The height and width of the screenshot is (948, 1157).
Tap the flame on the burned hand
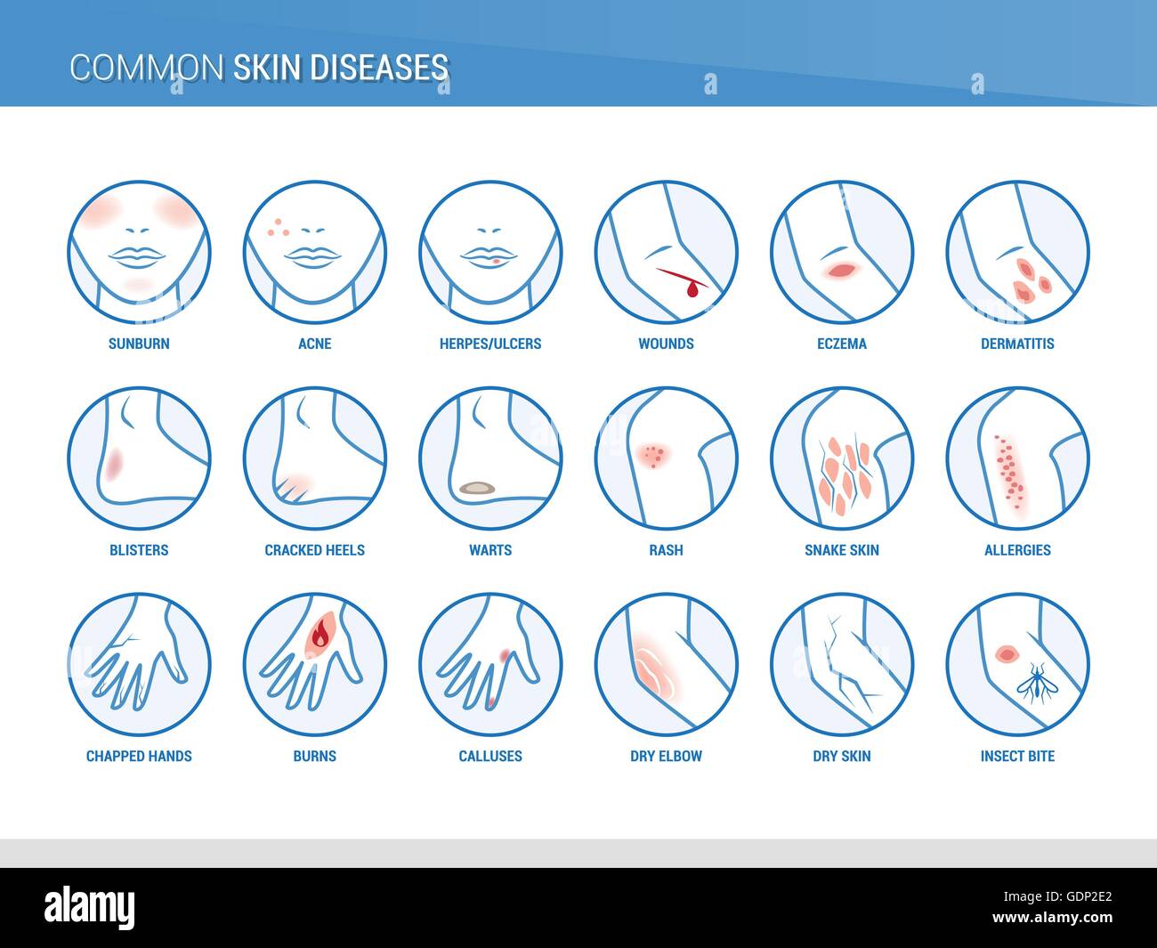320,636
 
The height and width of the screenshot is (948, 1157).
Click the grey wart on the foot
477,487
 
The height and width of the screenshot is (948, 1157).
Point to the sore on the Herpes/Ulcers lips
497,262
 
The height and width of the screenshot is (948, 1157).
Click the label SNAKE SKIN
842,550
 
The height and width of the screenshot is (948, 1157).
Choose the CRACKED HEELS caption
314,550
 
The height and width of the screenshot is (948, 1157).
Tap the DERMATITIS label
1017,344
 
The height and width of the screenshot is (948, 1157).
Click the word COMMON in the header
147,68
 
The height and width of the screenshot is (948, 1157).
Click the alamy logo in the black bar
89,907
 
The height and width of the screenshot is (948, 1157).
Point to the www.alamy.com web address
1052,917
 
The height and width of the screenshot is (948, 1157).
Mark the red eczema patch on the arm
840,270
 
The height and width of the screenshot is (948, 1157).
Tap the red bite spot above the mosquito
1007,653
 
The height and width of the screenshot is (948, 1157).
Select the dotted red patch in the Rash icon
653,456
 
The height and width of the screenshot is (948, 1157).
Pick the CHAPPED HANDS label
139,757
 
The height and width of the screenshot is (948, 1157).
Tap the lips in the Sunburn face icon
136,257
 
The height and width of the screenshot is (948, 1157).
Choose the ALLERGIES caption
1017,550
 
